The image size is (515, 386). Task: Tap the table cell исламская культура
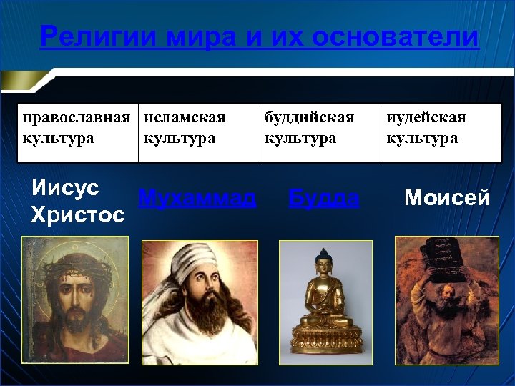(199, 129)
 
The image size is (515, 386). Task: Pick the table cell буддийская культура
(319, 129)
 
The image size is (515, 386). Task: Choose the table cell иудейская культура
(441, 129)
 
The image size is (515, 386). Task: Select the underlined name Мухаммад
(197, 198)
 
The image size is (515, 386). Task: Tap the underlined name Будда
(323, 198)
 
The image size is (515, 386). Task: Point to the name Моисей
(447, 198)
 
